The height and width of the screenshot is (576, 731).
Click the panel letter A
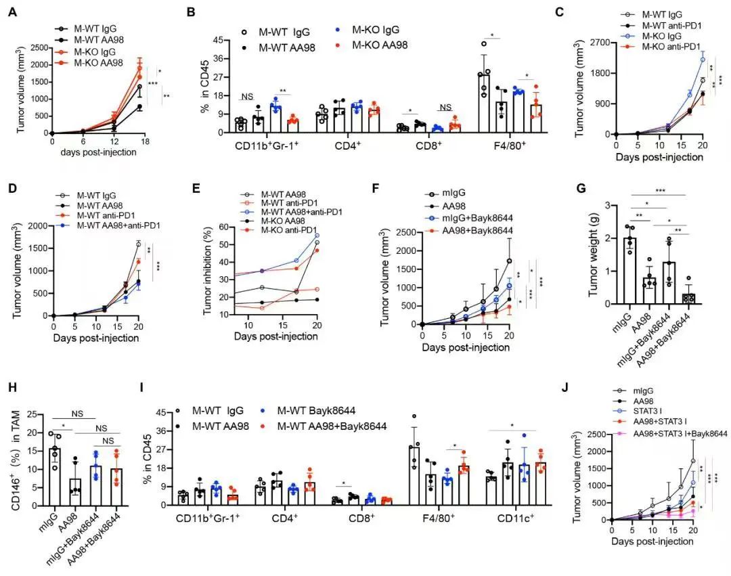[12, 11]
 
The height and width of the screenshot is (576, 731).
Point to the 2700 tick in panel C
[598, 43]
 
